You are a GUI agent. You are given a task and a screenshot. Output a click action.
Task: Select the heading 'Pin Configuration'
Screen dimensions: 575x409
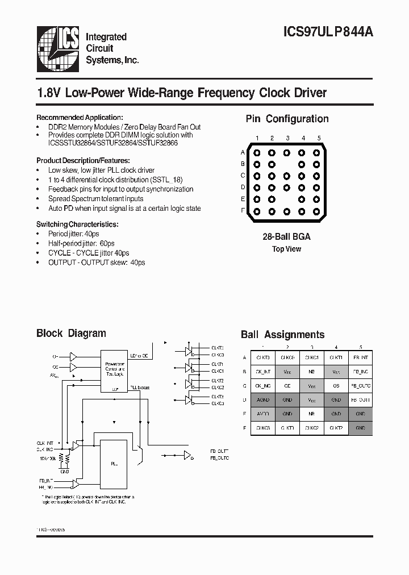287,119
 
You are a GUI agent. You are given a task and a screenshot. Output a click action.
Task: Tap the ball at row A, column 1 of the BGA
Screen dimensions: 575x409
257,152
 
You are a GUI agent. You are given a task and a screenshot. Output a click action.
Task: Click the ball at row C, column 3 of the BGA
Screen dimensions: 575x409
287,176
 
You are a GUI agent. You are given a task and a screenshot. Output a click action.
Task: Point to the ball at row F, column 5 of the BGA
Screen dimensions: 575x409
317,211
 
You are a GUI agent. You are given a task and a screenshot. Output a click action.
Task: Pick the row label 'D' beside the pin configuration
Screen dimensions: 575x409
243,188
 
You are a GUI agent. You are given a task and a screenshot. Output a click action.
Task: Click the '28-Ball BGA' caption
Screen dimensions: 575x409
287,236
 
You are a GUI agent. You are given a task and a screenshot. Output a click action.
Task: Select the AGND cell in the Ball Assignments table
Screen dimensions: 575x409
263,399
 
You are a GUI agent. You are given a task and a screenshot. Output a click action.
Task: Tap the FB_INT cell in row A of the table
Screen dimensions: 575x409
360,357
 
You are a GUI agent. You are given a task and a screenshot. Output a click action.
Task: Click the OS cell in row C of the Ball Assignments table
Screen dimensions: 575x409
336,385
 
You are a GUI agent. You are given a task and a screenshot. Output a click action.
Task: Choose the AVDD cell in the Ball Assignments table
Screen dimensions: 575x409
263,414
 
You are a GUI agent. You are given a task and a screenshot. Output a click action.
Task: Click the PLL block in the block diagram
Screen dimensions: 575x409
114,463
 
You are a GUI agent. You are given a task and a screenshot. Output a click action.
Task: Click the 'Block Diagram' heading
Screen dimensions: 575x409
71,334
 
